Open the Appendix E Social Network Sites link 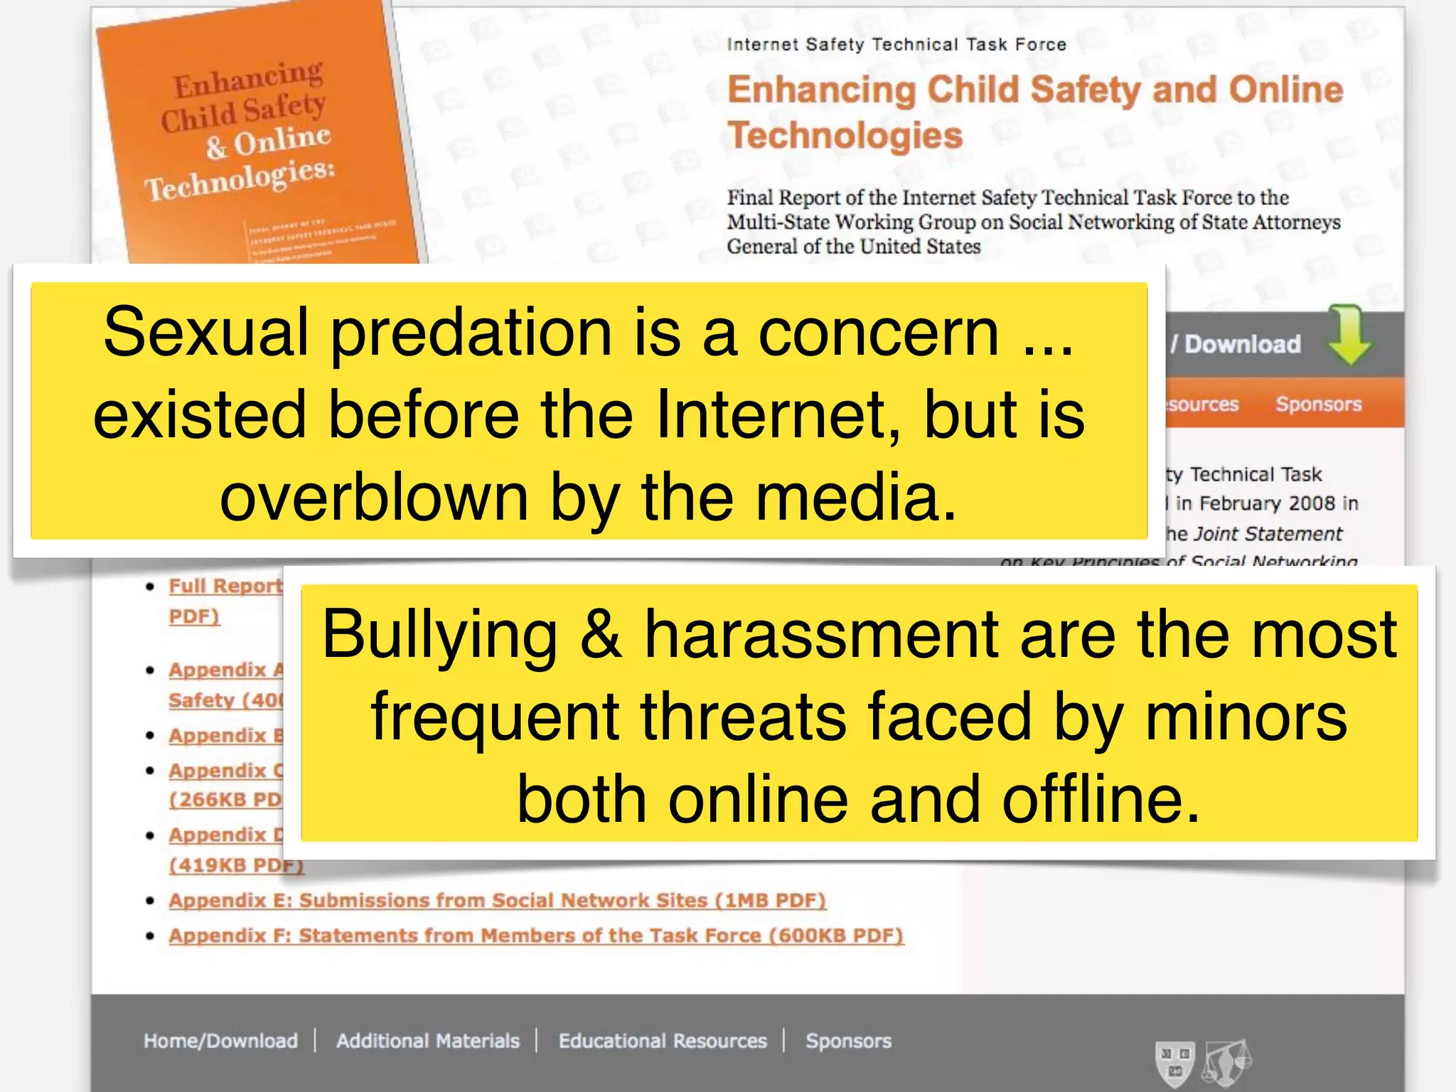[x=497, y=900]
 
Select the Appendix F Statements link [x=536, y=935]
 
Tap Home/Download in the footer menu [x=220, y=1041]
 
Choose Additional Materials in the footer [x=427, y=1041]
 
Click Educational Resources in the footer [x=663, y=1041]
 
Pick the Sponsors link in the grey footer [x=848, y=1041]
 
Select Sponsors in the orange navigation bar [x=1318, y=404]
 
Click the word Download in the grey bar [x=1242, y=344]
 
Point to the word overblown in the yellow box [x=374, y=497]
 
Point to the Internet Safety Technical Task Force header [x=896, y=44]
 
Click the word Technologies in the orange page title [x=845, y=135]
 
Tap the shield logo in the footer [x=1174, y=1062]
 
